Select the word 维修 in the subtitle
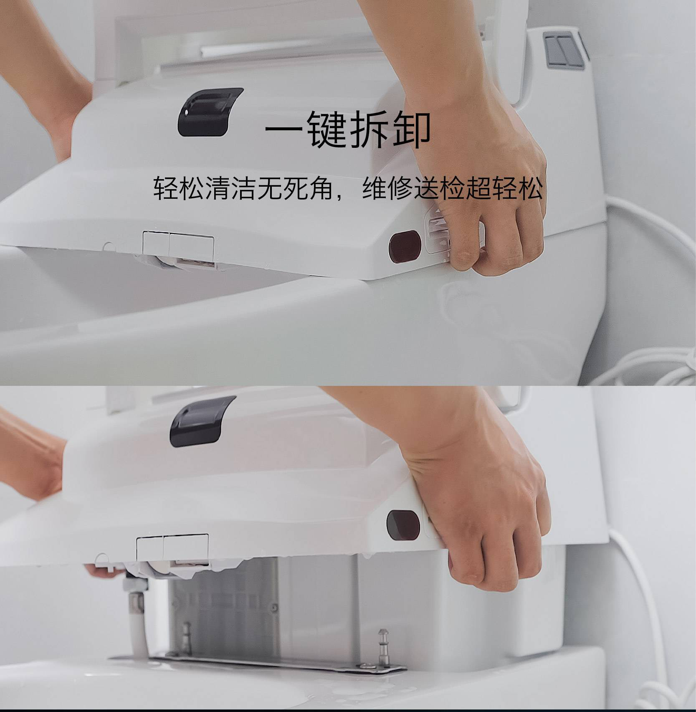[x=387, y=189]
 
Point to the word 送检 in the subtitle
[x=439, y=189]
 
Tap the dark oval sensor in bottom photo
[x=403, y=524]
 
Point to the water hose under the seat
[x=137, y=614]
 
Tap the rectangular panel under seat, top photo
[x=179, y=246]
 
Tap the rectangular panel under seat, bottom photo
[x=172, y=547]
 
